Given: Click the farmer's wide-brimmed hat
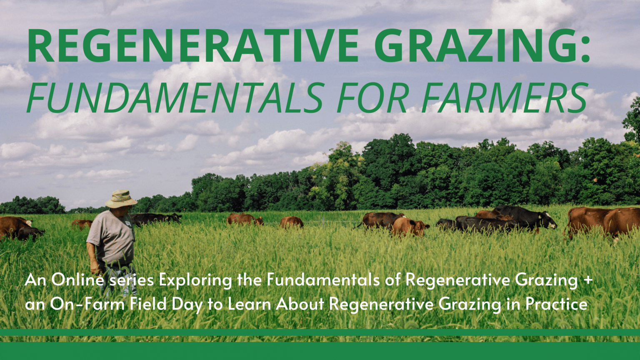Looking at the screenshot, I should tap(120, 199).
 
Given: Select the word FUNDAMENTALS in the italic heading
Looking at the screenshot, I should tap(175, 98).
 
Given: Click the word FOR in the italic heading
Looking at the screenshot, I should tap(372, 98).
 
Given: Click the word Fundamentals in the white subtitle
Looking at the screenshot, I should tap(323, 280).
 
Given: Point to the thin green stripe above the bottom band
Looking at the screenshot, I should tap(320, 332).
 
